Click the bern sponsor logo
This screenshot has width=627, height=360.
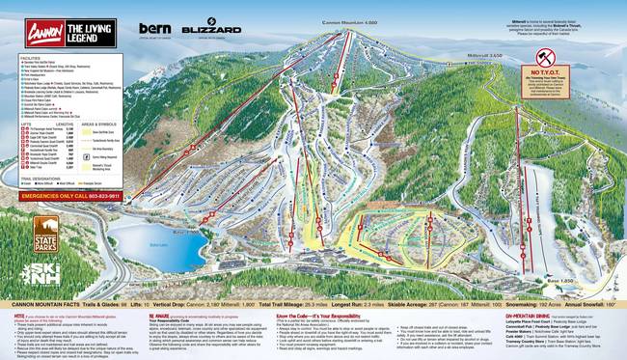154,29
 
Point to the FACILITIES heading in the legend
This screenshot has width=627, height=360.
28,57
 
